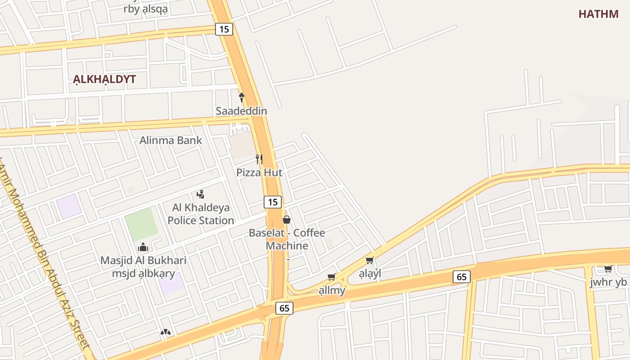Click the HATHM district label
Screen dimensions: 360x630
pos(598,14)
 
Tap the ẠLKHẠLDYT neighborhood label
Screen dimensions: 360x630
pos(104,80)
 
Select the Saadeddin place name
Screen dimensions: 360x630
pos(241,111)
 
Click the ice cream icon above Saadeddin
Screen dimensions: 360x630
pos(241,97)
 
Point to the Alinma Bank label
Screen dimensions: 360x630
pos(171,140)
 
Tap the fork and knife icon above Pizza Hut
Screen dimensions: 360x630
pos(259,159)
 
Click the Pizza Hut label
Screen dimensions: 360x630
pos(259,172)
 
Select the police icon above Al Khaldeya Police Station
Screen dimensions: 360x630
pos(201,194)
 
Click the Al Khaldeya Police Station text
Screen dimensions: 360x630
pos(201,214)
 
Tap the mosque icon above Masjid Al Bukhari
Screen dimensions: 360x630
pos(143,247)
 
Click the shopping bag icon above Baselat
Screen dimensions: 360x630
pos(286,220)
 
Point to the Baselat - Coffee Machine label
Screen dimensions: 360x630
pos(287,239)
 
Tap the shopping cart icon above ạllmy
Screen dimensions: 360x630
pos(332,277)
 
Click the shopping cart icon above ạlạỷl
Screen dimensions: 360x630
pos(370,260)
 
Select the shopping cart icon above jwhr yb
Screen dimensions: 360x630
pos(608,269)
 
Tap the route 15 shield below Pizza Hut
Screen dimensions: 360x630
pos(273,202)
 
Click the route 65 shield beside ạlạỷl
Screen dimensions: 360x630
pos(462,277)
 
